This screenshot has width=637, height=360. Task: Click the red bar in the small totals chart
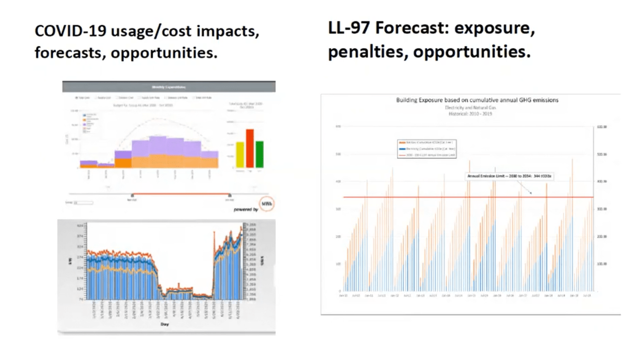[x=249, y=148]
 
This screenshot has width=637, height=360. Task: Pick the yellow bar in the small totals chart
[x=240, y=155]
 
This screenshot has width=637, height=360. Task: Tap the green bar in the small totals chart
[x=260, y=154]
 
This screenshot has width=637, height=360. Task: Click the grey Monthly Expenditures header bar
[x=169, y=87]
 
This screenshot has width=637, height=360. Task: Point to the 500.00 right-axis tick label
[x=602, y=154]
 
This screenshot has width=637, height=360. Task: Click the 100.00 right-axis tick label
[x=602, y=264]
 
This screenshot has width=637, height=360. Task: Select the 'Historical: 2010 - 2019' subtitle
[x=471, y=114]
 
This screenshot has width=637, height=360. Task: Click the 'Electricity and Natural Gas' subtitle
[x=471, y=107]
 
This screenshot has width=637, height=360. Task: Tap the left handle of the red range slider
[x=132, y=195]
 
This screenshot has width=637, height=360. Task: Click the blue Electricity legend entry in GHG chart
[x=425, y=149]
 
